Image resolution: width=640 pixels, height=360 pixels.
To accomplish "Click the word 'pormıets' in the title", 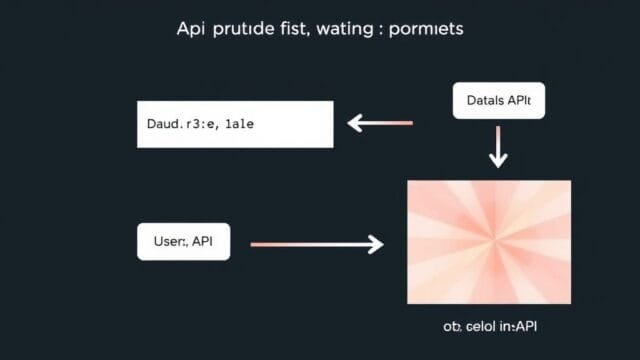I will [428, 30].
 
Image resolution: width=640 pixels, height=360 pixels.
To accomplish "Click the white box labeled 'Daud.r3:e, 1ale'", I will [234, 124].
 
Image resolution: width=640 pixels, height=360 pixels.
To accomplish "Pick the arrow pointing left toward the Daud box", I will [379, 123].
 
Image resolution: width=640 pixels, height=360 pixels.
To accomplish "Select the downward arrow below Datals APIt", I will [497, 148].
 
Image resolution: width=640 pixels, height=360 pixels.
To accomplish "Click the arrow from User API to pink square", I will [317, 243].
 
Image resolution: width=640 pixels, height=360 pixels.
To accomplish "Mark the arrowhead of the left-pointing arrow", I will [354, 123].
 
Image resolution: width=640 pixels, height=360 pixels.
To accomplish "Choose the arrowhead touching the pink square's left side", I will [376, 243].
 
